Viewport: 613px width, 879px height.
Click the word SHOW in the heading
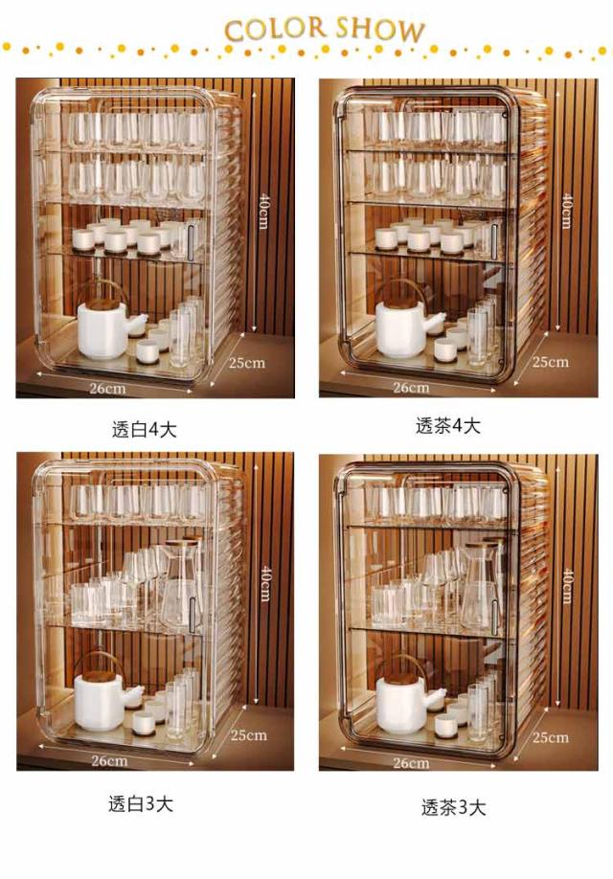click(x=379, y=30)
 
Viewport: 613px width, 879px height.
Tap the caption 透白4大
click(x=144, y=429)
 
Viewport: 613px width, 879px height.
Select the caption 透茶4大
click(x=448, y=425)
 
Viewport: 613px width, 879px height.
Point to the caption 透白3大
click(x=141, y=803)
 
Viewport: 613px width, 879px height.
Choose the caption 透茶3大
click(x=453, y=807)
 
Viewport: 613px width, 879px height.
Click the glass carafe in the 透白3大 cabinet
click(x=181, y=583)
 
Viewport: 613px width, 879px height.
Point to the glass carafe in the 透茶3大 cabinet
click(x=481, y=586)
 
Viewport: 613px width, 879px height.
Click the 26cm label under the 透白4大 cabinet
click(x=107, y=388)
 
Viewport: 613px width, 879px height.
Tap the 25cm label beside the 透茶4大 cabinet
click(x=550, y=362)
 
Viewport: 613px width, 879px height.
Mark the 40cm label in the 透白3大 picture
click(x=266, y=584)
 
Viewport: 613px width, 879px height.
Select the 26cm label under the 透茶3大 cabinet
click(x=411, y=763)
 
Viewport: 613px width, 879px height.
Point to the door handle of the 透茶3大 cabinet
click(x=494, y=612)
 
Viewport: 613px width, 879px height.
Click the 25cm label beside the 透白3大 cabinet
click(x=248, y=734)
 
